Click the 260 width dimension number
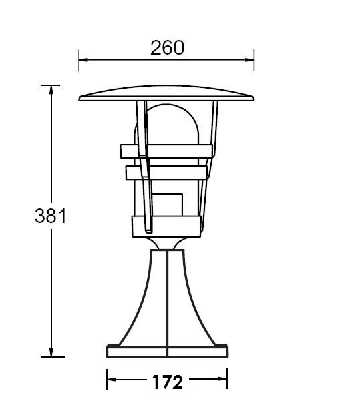(x=167, y=48)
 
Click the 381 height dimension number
(x=50, y=216)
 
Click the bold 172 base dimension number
(x=168, y=382)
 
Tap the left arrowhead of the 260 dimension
(x=83, y=60)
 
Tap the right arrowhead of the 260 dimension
(x=250, y=60)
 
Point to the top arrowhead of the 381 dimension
(x=51, y=90)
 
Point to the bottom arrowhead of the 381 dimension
(x=51, y=352)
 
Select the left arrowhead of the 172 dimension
(x=112, y=379)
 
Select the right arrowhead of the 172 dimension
(x=222, y=379)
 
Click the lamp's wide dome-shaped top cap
(x=166, y=93)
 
